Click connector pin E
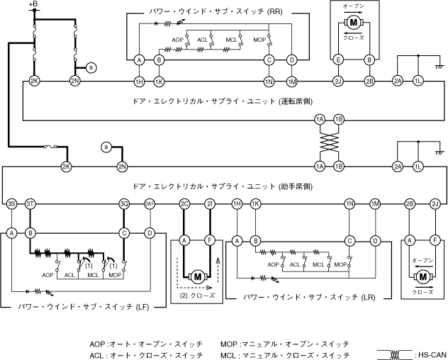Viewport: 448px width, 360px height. pyautogui.click(x=339, y=60)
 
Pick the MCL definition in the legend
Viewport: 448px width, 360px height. pyautogui.click(x=285, y=354)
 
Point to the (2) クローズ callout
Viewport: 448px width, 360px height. pyautogui.click(x=198, y=295)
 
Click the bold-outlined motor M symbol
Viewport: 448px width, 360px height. pyautogui.click(x=198, y=276)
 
